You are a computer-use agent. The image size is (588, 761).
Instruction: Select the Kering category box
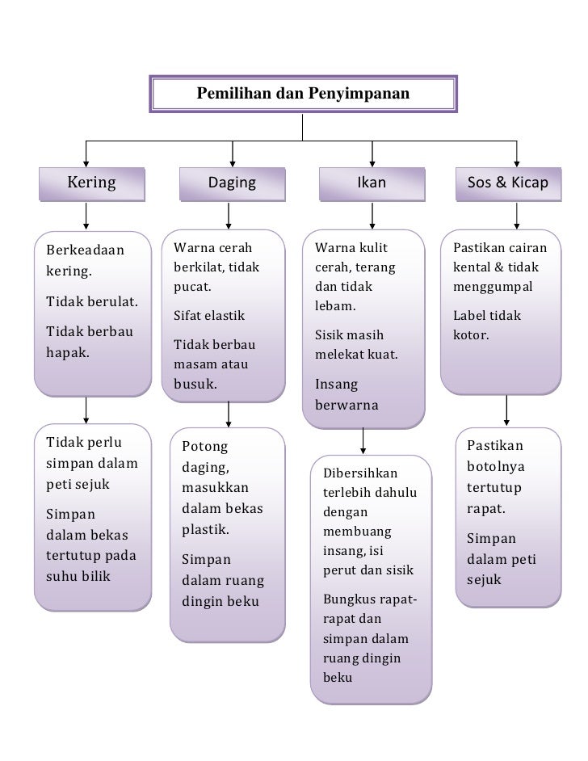[90, 183]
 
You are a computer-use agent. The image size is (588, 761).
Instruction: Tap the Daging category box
[232, 183]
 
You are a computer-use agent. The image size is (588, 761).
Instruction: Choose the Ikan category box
[372, 183]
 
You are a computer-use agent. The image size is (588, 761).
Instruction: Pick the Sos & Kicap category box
[507, 183]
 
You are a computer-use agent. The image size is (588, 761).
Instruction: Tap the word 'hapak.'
[67, 352]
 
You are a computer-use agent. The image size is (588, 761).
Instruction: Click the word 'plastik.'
[205, 530]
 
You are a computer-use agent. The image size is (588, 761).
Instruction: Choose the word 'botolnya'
[493, 467]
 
